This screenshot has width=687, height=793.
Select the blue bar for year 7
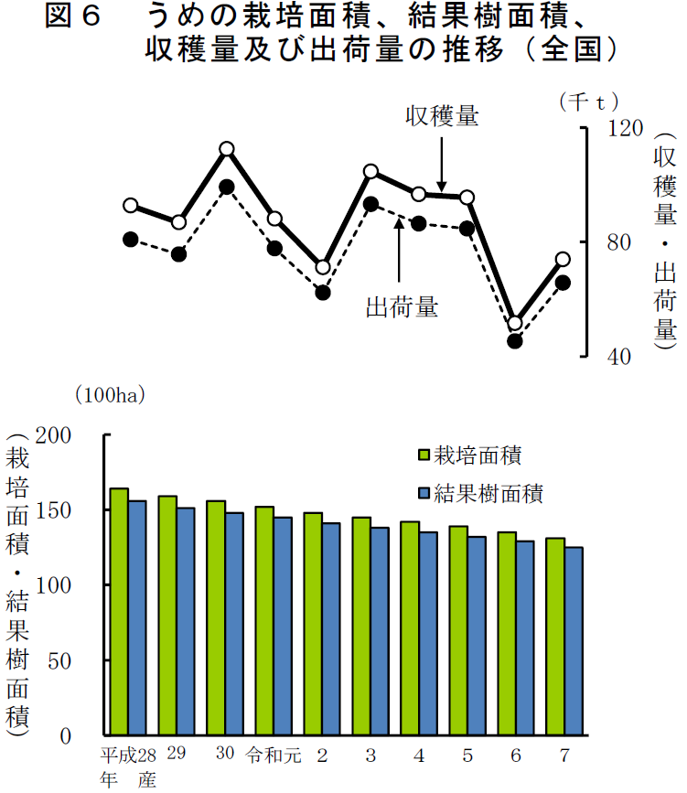pos(574,640)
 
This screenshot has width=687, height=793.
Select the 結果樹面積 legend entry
pos(479,495)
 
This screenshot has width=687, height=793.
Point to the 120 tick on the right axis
pos(626,129)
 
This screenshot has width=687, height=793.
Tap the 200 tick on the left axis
pos(79,435)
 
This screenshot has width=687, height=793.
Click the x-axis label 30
pos(225,755)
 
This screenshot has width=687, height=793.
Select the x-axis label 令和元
pos(273,755)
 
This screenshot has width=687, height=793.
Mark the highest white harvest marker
pos(227,149)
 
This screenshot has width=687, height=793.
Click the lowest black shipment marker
pos(515,341)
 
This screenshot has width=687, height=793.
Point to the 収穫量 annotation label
pos(443,116)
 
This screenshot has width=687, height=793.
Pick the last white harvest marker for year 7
pos(564,260)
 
